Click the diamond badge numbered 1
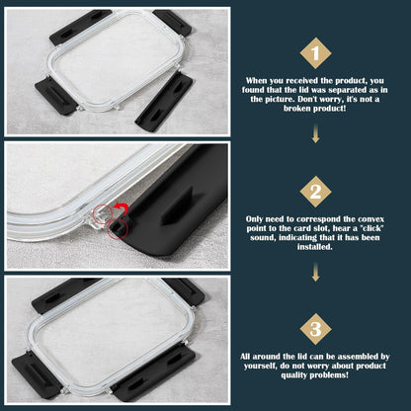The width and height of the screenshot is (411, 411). click(x=315, y=53)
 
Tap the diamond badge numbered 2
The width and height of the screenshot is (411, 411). click(x=315, y=192)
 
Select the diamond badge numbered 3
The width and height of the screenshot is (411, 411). click(x=315, y=329)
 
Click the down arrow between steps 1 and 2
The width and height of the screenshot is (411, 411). click(x=315, y=133)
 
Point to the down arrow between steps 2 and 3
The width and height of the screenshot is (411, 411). click(x=315, y=272)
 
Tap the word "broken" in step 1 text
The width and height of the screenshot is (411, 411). click(x=297, y=109)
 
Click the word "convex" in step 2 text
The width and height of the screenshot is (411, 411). click(x=370, y=219)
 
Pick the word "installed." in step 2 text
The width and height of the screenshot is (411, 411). click(x=315, y=247)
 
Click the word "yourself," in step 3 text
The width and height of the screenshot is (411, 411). click(x=260, y=366)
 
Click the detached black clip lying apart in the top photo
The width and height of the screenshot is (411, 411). click(x=164, y=102)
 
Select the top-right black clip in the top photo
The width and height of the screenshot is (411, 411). click(x=172, y=22)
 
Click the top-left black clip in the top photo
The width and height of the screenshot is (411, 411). click(x=79, y=26)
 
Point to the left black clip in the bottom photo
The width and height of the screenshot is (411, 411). click(x=36, y=374)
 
